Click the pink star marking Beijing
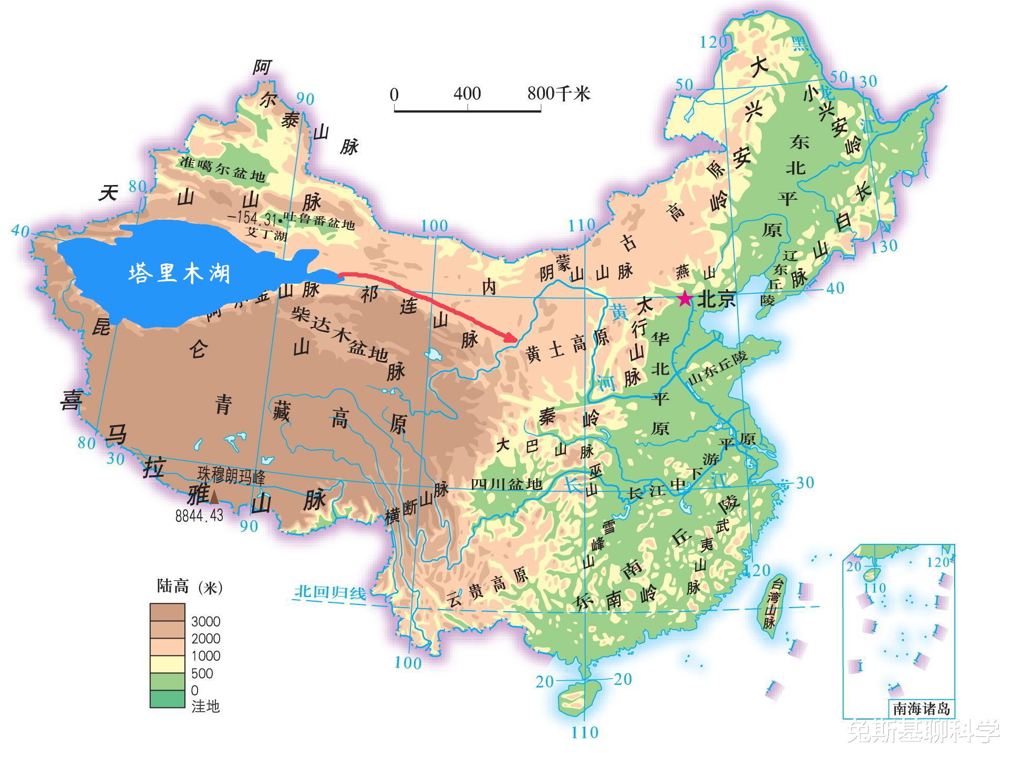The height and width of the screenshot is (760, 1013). point(685,299)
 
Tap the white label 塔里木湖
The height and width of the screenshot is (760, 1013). point(180,273)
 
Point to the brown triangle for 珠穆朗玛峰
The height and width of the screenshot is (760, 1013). point(214,496)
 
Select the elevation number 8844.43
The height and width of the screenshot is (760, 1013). point(199,516)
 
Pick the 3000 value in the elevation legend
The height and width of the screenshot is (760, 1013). point(205,622)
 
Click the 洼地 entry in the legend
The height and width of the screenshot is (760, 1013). point(205,706)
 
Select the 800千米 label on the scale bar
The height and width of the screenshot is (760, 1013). point(559,94)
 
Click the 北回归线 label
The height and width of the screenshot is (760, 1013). point(329,592)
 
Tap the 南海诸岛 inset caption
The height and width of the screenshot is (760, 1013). point(922,708)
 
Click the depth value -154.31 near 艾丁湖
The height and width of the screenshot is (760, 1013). point(253,217)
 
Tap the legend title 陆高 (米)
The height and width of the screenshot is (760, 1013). point(190,587)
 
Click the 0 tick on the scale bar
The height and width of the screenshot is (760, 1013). point(395,95)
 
